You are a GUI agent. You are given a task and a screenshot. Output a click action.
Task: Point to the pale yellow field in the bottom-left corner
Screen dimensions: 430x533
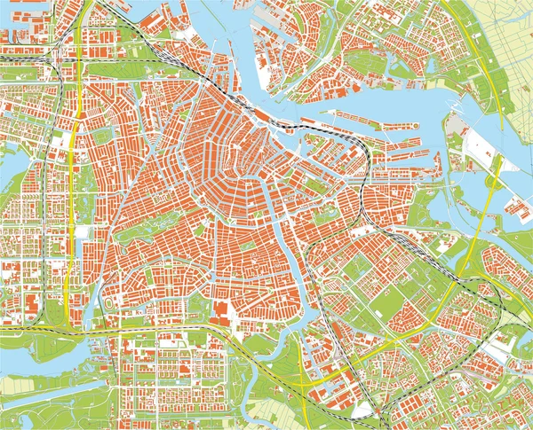pos(27,386)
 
